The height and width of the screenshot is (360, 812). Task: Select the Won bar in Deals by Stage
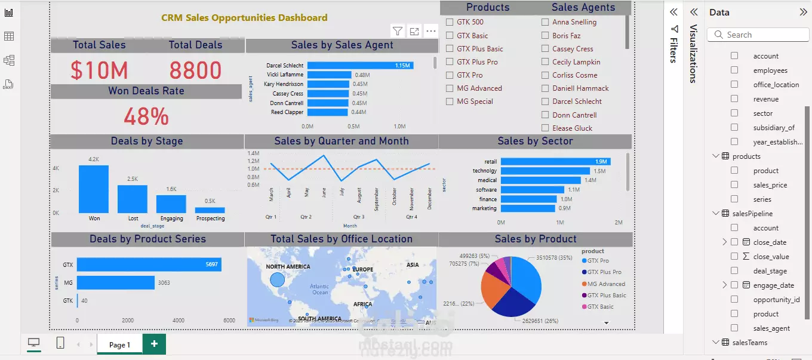(x=94, y=189)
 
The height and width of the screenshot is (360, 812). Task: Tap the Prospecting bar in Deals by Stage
(x=210, y=210)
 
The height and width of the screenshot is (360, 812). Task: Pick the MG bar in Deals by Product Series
(x=115, y=282)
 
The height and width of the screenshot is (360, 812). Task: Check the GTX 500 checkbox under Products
(x=450, y=22)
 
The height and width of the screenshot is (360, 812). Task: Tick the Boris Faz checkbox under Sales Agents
(x=545, y=36)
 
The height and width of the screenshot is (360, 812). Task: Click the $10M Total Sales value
(x=99, y=70)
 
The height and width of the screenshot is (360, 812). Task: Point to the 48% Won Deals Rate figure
(x=146, y=116)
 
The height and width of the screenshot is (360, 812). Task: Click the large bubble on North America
(x=277, y=279)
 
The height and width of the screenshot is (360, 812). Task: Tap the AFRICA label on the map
(x=362, y=304)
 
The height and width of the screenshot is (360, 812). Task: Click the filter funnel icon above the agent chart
(x=397, y=31)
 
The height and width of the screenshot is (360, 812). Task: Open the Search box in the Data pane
(x=758, y=35)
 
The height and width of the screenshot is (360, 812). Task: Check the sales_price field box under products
(x=734, y=185)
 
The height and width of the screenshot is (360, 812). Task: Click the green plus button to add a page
(x=154, y=344)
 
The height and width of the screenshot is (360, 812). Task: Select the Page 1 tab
(x=119, y=344)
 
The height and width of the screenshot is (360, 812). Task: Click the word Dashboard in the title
(x=302, y=18)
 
